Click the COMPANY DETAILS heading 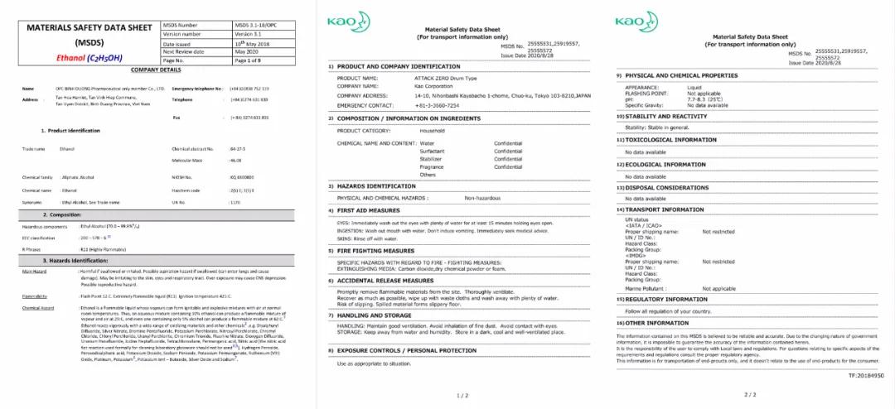coord(155,70)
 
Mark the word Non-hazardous coord(485,199)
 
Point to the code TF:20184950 coord(865,374)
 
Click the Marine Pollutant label coord(646,288)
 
